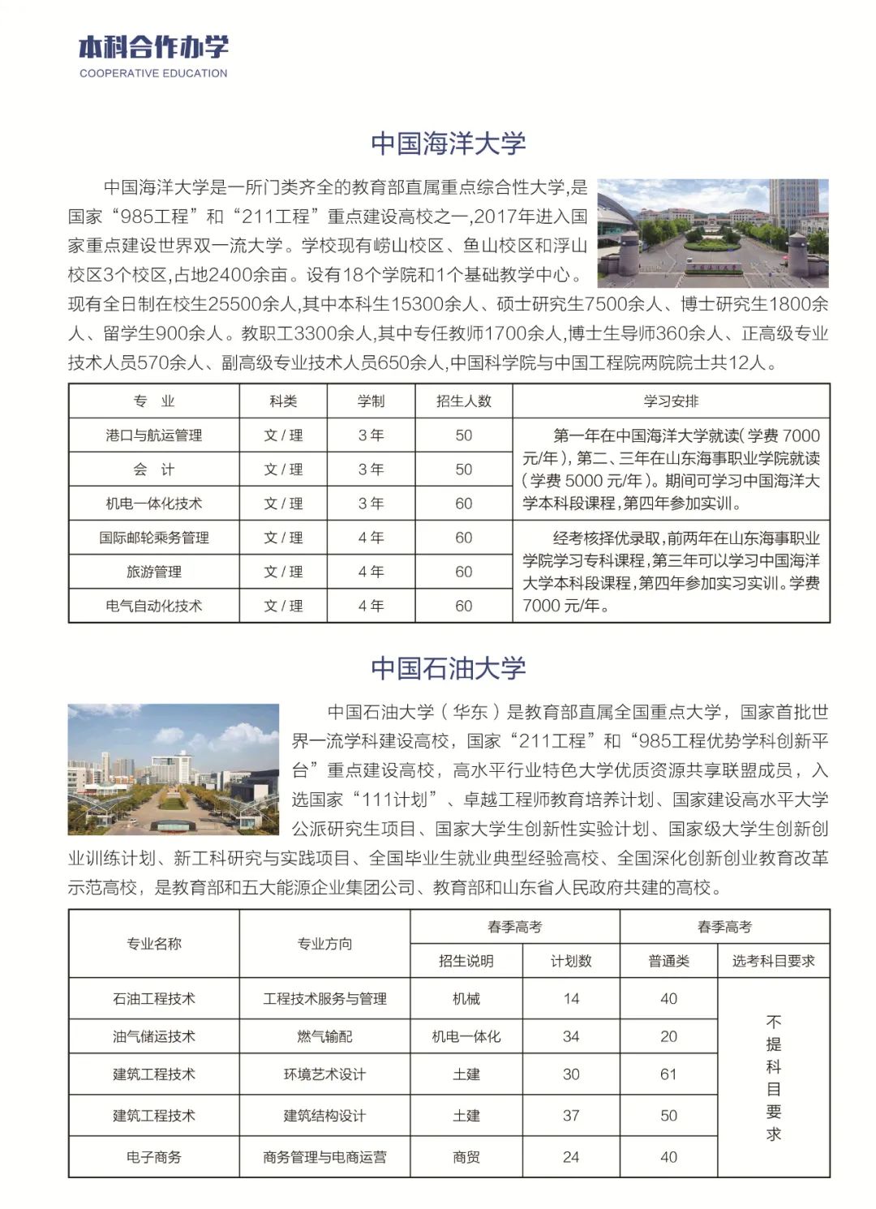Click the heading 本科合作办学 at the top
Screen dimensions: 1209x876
(153, 47)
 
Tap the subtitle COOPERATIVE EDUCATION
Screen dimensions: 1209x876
(153, 73)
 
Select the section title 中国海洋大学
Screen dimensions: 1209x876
(449, 144)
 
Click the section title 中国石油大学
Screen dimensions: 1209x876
(449, 668)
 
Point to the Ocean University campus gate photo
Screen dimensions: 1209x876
(712, 234)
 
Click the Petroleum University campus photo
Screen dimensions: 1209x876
(173, 769)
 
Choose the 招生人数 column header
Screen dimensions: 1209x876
(463, 401)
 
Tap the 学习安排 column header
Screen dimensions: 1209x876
(671, 401)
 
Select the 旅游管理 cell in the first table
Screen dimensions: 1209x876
(153, 572)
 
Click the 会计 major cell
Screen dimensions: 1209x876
(153, 469)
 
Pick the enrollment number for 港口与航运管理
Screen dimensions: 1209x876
(463, 435)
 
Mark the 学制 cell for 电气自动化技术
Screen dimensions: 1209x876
(371, 606)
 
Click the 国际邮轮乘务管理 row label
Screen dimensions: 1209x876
(153, 538)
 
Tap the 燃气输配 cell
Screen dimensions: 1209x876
(324, 1036)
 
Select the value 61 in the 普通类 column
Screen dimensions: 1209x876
(668, 1074)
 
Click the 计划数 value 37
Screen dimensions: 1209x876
(571, 1116)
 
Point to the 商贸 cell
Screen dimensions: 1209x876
(466, 1157)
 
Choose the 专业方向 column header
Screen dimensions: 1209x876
(324, 944)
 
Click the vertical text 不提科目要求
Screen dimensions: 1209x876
(773, 1077)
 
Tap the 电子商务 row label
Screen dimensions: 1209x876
(153, 1157)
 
